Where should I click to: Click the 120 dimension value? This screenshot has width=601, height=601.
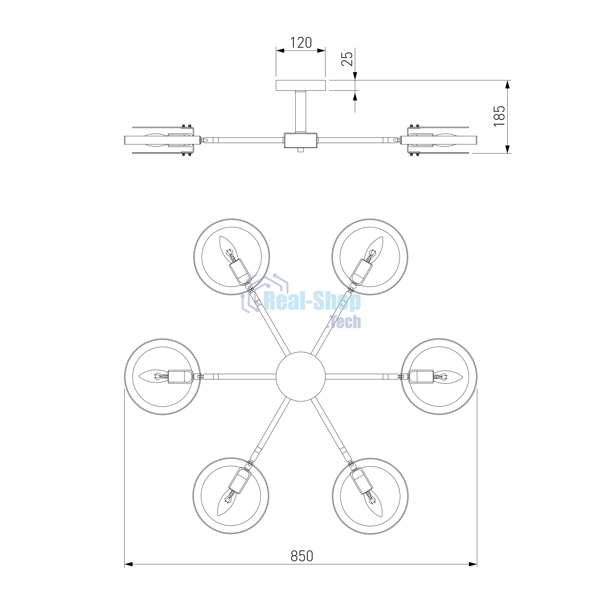[301, 43]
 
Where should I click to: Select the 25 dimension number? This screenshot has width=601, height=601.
[347, 58]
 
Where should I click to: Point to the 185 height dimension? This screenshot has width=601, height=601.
[499, 116]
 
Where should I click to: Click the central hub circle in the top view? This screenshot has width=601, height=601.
[300, 377]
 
